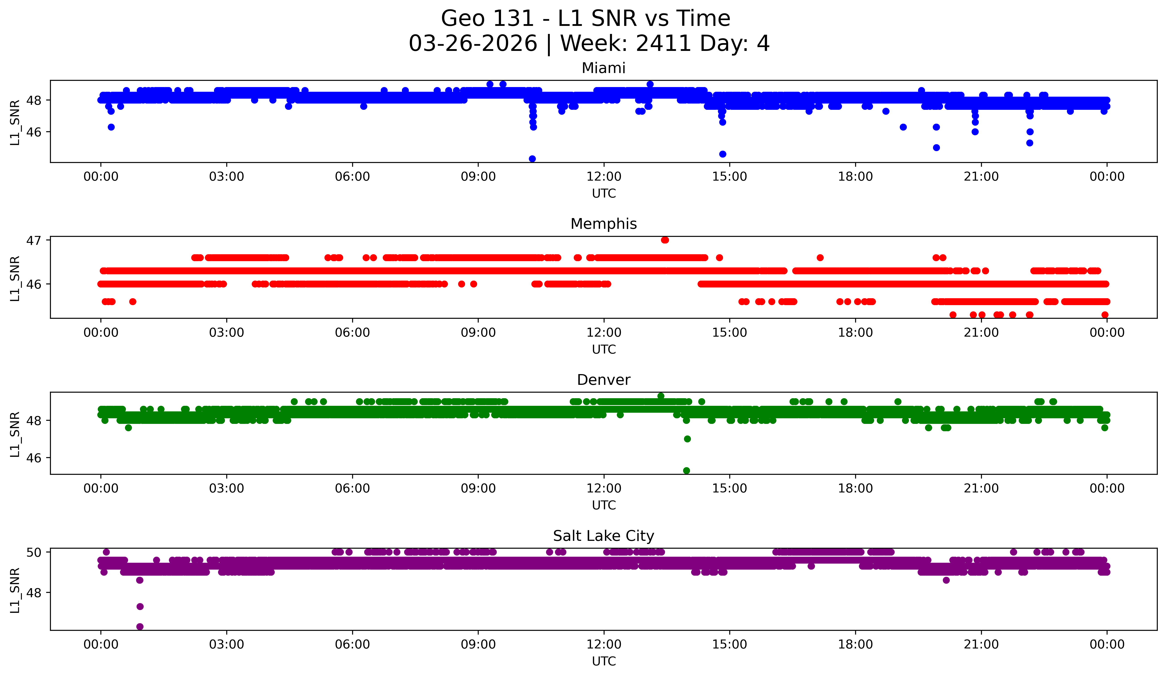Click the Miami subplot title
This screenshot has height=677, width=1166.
603,68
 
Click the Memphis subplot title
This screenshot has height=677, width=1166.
603,224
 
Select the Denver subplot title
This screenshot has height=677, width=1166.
603,380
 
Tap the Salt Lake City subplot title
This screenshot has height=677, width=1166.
603,536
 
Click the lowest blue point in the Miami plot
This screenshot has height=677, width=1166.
532,159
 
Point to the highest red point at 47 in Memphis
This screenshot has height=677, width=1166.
665,240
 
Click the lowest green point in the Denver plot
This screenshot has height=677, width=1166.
687,471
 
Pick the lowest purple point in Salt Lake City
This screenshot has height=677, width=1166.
140,627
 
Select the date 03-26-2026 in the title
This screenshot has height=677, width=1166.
473,44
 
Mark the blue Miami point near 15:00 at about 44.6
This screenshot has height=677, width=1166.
722,154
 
